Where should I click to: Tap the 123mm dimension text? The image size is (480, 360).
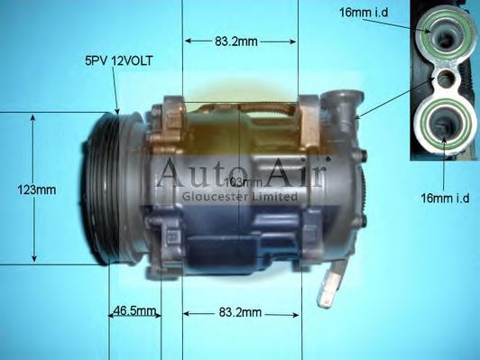point(36,189)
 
